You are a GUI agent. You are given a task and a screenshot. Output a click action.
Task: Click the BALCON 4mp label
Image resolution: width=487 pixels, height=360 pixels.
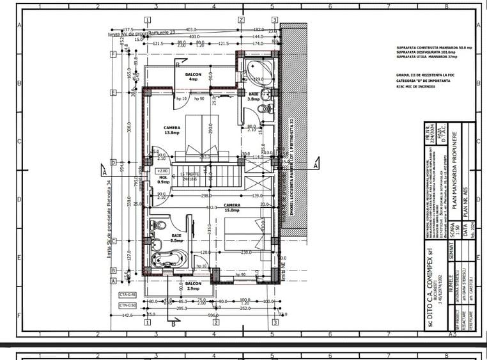[x=194, y=77]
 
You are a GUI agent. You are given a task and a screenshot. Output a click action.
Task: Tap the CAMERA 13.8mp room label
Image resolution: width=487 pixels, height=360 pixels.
[x=172, y=129]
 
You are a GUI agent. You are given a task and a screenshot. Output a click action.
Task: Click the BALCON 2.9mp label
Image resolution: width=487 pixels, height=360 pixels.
[x=194, y=286]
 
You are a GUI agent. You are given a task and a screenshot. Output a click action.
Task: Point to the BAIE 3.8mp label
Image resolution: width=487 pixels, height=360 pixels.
[x=253, y=97]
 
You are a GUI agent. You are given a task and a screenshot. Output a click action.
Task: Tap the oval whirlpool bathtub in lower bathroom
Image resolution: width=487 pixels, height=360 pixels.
[x=167, y=260]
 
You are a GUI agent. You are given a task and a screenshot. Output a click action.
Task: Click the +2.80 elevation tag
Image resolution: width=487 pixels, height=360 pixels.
[x=162, y=171]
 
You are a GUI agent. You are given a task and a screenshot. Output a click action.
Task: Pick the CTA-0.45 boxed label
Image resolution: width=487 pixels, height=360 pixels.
[x=128, y=294]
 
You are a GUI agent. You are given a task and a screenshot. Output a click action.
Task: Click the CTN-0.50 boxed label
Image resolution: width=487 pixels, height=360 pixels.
[x=128, y=305]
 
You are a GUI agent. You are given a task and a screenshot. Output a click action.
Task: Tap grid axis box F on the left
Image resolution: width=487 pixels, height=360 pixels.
[x=112, y=54]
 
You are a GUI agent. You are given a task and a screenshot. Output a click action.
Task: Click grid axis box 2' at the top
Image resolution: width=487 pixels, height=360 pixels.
[x=242, y=20]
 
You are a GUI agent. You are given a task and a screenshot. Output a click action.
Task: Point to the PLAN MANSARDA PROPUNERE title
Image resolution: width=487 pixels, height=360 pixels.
[x=454, y=172]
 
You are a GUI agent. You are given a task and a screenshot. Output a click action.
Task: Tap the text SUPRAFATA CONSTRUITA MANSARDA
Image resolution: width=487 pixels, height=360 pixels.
[x=426, y=47]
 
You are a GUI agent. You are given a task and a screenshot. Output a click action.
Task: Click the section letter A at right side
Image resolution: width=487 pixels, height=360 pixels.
[x=315, y=164]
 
